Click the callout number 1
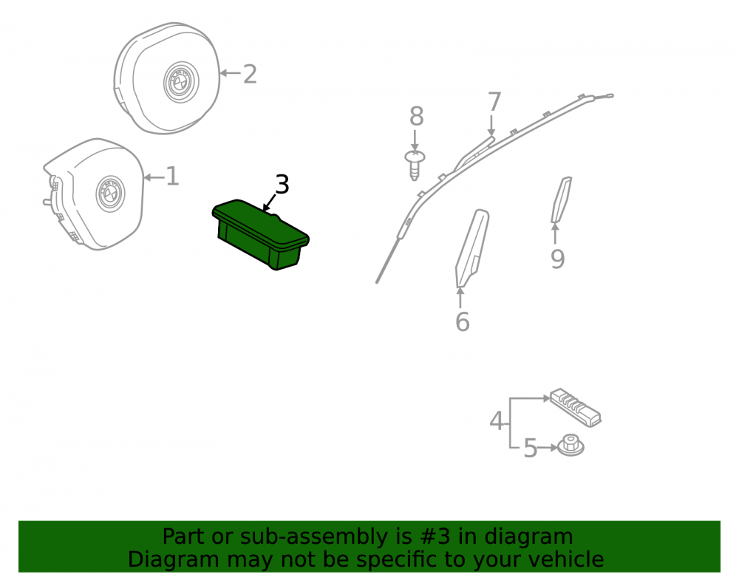(x=173, y=177)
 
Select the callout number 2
(x=250, y=75)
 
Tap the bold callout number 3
(x=282, y=184)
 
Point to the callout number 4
(x=497, y=421)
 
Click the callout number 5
(x=530, y=448)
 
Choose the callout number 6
(x=463, y=321)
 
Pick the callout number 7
(x=494, y=102)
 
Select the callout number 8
(x=416, y=116)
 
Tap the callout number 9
(x=557, y=259)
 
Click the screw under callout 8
(x=415, y=165)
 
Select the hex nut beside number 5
(x=571, y=445)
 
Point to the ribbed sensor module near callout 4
(x=576, y=407)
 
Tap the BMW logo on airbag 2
(x=181, y=82)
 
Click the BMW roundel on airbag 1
(x=111, y=194)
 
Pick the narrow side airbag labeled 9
(x=562, y=199)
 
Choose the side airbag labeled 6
(x=471, y=247)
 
